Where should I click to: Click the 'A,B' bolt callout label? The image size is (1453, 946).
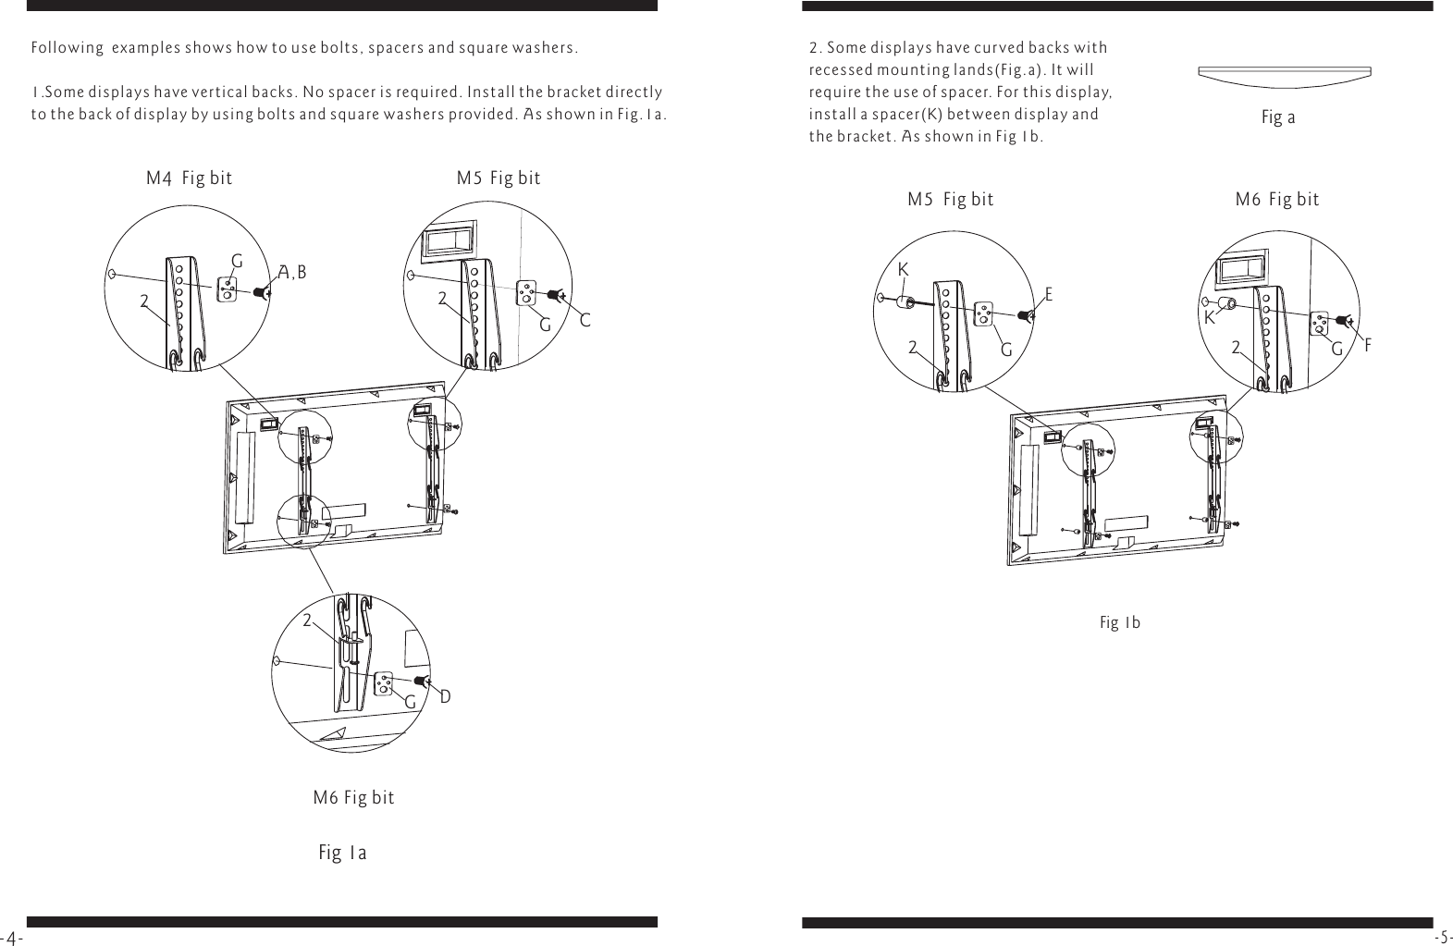[292, 272]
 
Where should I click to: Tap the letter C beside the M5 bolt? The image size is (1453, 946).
[585, 321]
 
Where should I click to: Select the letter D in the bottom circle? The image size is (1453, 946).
[445, 696]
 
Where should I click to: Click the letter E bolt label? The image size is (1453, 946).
[1049, 294]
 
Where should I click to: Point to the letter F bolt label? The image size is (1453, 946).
[1368, 345]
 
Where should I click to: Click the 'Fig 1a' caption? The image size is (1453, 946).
[342, 853]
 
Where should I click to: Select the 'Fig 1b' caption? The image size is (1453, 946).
[1119, 622]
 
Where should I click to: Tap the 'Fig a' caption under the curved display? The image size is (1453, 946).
[1278, 118]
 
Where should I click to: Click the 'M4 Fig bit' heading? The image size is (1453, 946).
[190, 178]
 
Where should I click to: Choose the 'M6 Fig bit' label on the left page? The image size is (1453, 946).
[353, 798]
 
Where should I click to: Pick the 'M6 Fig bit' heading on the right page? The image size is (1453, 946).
[1277, 200]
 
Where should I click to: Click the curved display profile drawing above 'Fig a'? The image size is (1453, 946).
[1284, 75]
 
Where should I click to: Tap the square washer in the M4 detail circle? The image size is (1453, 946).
[228, 289]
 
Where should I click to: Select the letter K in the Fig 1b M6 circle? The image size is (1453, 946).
[1209, 319]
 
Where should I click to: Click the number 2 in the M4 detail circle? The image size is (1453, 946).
[144, 301]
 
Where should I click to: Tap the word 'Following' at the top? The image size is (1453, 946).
[67, 48]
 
